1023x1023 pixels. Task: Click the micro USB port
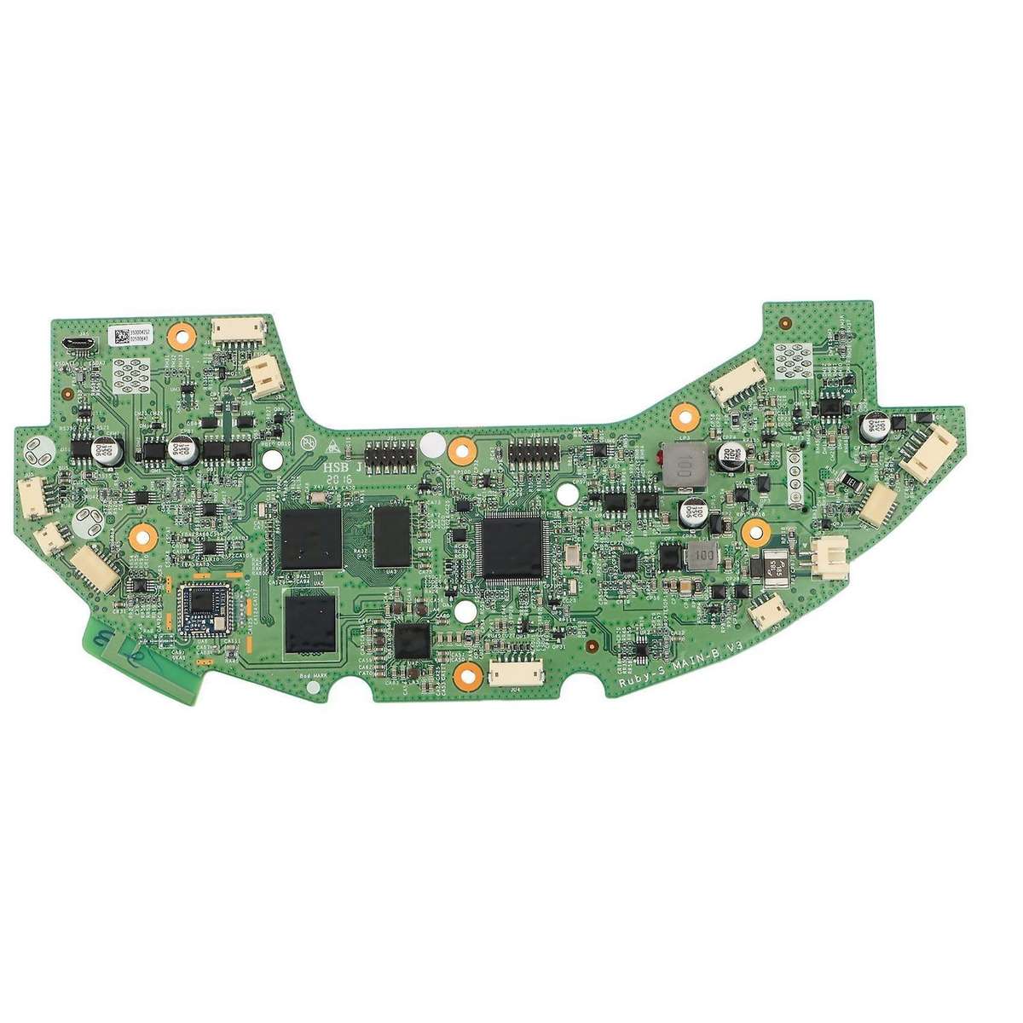(x=78, y=344)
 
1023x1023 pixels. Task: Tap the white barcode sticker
(x=130, y=334)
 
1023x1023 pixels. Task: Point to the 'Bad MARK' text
(x=315, y=676)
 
